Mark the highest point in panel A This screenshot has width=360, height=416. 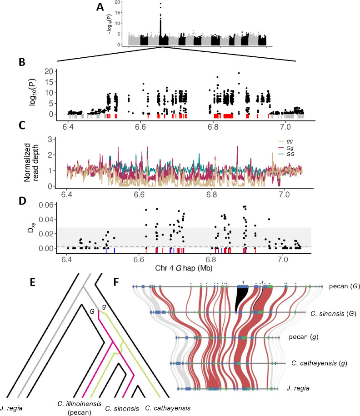(160, 4)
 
